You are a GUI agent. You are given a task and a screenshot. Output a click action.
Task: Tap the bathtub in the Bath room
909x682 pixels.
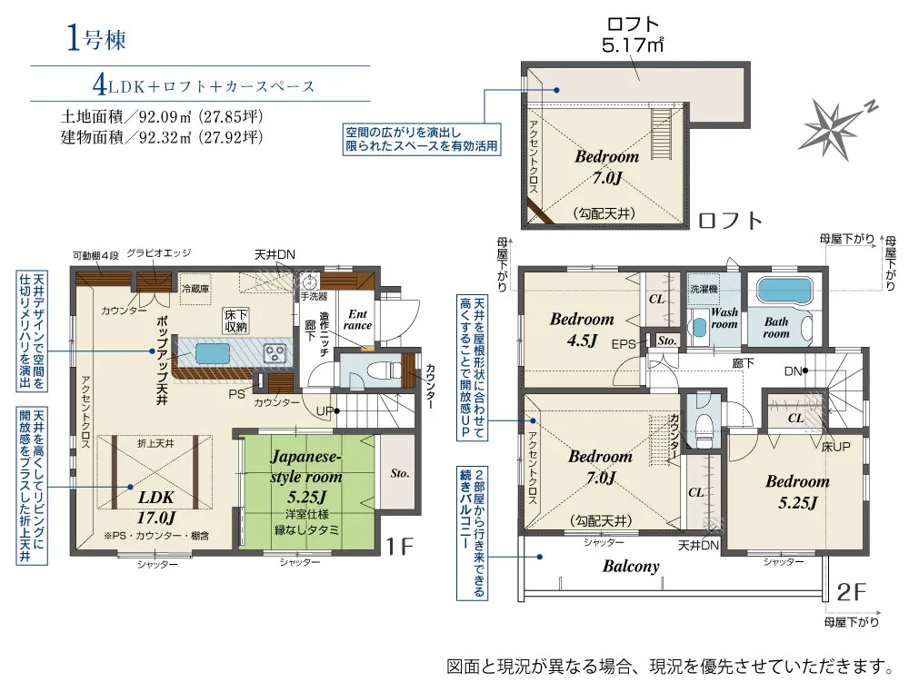coord(784,292)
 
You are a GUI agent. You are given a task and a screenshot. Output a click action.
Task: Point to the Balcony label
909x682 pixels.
coord(631,566)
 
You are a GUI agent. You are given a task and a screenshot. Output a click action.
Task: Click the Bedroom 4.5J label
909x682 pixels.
coord(582,330)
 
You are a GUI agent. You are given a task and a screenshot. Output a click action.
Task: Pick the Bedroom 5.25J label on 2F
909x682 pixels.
coord(796,492)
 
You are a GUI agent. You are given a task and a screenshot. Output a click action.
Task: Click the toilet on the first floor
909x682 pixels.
coord(376,371)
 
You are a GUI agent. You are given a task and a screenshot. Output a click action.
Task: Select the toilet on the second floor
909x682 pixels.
coord(703,425)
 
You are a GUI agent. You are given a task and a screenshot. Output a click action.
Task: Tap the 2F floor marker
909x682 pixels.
coord(854,592)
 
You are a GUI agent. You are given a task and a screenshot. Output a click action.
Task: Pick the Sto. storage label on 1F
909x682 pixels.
coord(401,473)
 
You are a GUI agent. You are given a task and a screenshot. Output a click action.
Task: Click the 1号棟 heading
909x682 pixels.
coord(95,39)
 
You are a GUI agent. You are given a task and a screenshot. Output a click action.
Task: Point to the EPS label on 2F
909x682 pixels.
coord(624,344)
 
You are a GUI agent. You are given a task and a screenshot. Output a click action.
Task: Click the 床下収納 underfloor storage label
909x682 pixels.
coord(236,321)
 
